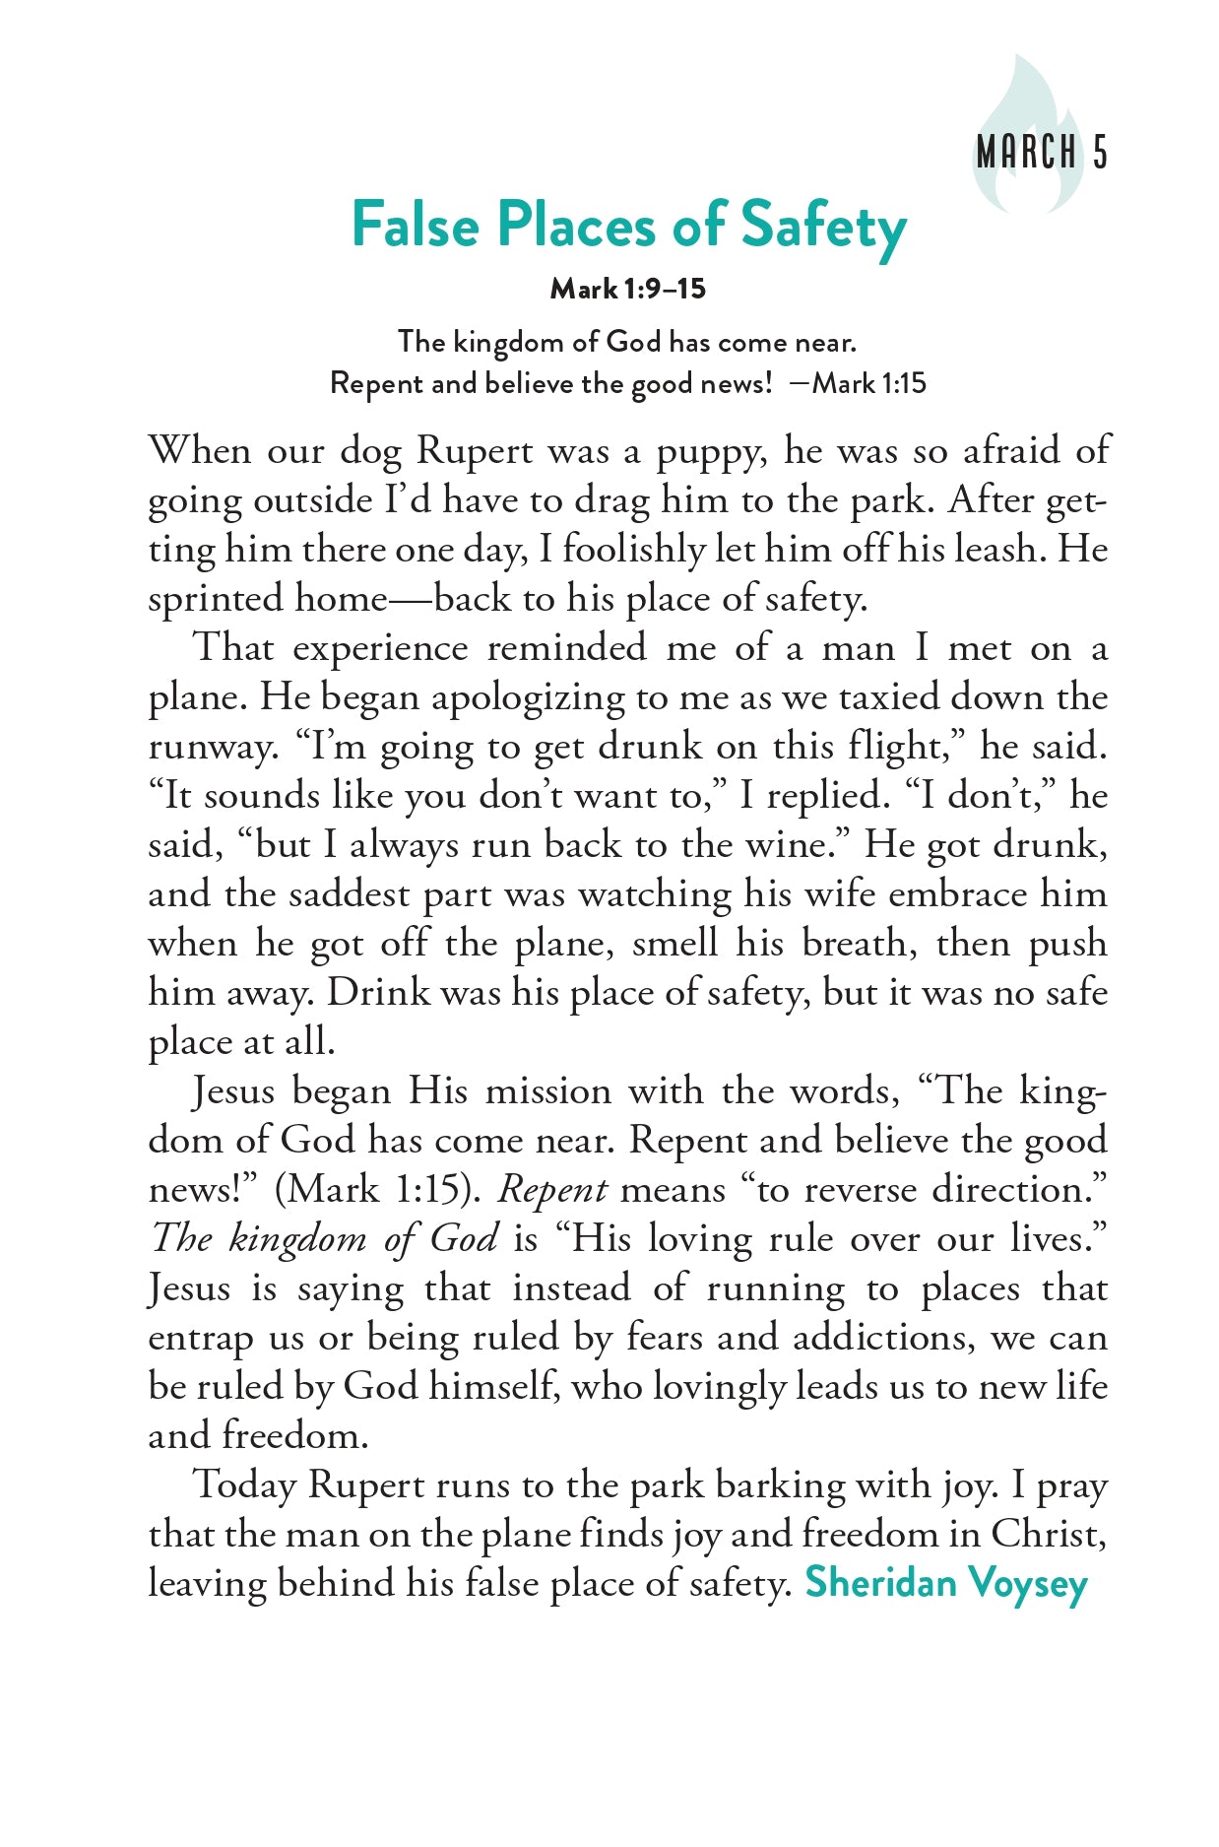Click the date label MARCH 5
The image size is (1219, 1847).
[x=1042, y=153]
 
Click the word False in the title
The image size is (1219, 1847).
[x=415, y=225]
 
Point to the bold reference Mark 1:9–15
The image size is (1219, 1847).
[x=627, y=289]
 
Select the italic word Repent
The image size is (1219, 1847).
[x=551, y=1190]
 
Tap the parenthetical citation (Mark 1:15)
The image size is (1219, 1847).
[x=377, y=1190]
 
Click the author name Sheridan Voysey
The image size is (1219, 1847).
[x=946, y=1583]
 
